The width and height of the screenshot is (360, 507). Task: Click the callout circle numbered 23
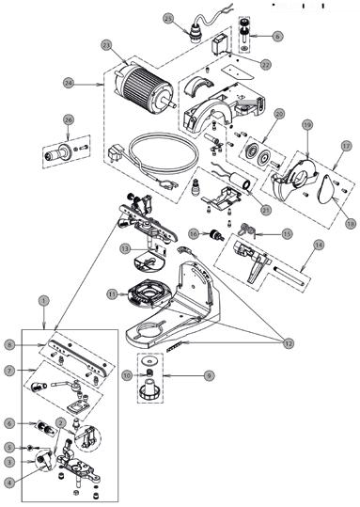(106, 45)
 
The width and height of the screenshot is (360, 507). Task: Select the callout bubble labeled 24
(69, 83)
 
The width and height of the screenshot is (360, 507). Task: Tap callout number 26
(69, 120)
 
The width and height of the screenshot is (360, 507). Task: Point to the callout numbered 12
(288, 343)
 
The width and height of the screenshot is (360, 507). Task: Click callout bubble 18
(351, 224)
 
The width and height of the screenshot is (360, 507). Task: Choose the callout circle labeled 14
(319, 246)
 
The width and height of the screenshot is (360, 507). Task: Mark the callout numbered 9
(210, 375)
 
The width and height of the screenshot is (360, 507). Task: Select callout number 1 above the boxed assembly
(43, 301)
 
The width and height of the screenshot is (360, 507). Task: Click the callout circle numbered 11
(112, 294)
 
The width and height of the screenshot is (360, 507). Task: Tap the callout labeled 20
(280, 114)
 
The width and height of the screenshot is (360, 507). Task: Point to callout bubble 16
(194, 234)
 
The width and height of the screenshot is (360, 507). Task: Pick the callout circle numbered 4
(10, 483)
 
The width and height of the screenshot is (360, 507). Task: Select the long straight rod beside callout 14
(290, 276)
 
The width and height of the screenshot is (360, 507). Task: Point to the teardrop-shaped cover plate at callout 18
(326, 188)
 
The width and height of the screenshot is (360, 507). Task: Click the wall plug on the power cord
(114, 152)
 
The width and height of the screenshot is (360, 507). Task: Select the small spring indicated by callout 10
(149, 372)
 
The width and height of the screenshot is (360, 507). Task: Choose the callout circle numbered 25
(168, 19)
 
